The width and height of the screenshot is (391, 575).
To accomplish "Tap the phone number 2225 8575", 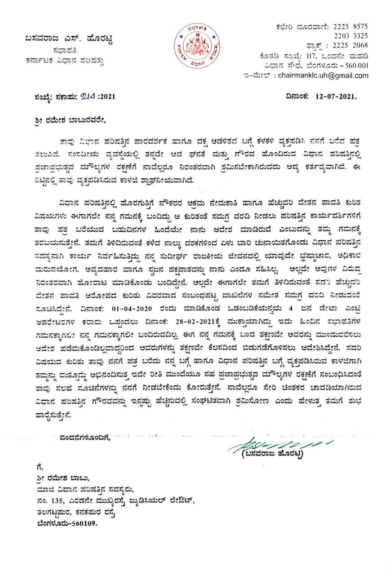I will coord(351,27).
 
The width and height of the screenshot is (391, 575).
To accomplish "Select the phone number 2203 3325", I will coord(351,36).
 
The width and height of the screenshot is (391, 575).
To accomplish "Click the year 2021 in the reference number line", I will coord(108,96).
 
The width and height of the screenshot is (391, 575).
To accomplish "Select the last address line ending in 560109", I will coord(67,523).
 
